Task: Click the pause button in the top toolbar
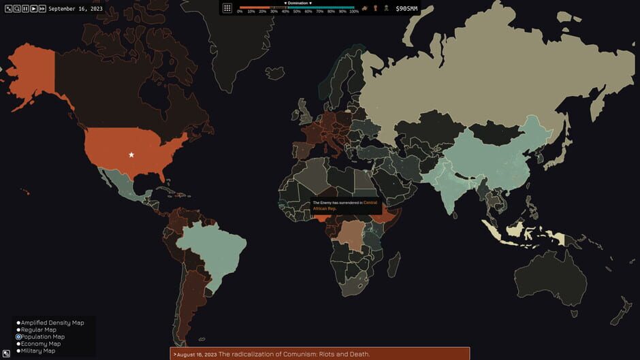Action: click(25, 9)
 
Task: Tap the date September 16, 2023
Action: click(76, 9)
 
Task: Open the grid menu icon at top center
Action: click(227, 8)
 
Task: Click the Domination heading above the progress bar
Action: click(298, 3)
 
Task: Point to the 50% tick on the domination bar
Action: click(298, 12)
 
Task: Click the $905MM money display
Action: click(406, 9)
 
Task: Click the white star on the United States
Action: click(131, 155)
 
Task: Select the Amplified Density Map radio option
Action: click(19, 323)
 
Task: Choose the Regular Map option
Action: click(19, 330)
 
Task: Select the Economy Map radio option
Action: click(19, 344)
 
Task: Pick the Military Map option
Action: click(19, 351)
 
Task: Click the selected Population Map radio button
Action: click(19, 337)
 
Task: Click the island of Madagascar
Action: click(394, 262)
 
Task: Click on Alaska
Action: click(31, 75)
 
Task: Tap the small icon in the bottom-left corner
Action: click(6, 353)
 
